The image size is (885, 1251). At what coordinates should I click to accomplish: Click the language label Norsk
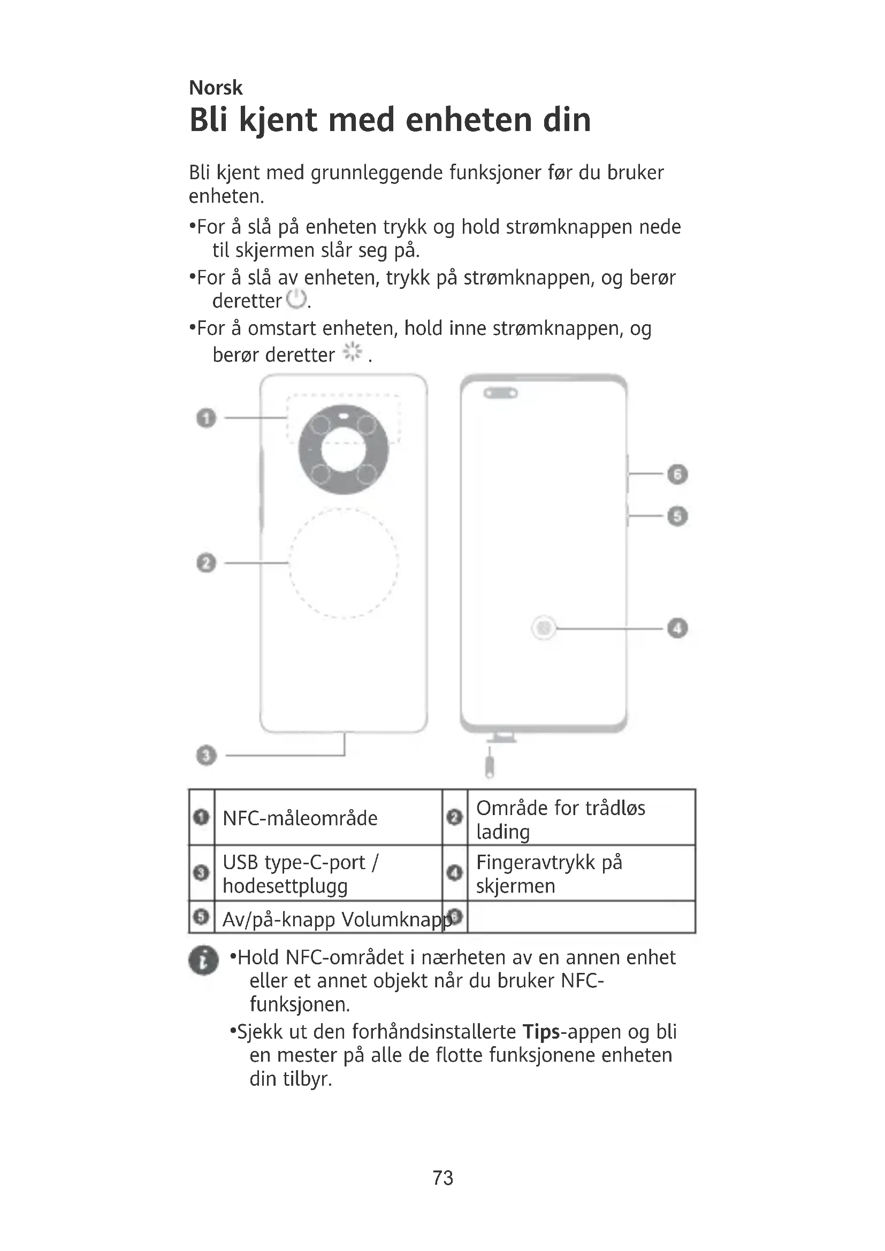[x=215, y=88]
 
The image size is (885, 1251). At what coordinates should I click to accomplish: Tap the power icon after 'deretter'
[x=296, y=299]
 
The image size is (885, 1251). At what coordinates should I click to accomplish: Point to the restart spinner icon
[x=352, y=352]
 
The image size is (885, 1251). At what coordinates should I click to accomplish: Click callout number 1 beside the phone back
[x=206, y=418]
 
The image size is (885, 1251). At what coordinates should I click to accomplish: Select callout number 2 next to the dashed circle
[x=206, y=563]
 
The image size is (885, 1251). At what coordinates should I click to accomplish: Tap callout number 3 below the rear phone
[x=206, y=756]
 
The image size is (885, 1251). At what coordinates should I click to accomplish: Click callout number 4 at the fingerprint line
[x=677, y=628]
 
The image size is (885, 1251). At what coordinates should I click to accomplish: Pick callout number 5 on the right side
[x=677, y=516]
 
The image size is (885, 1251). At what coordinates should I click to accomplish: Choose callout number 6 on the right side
[x=677, y=474]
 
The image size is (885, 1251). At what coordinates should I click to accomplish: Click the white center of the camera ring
[x=344, y=450]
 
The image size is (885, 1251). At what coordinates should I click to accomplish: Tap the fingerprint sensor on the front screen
[x=543, y=628]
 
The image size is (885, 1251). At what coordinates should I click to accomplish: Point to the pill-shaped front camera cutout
[x=500, y=393]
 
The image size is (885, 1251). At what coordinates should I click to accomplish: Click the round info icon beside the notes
[x=203, y=960]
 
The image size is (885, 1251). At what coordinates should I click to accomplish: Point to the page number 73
[x=442, y=1178]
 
